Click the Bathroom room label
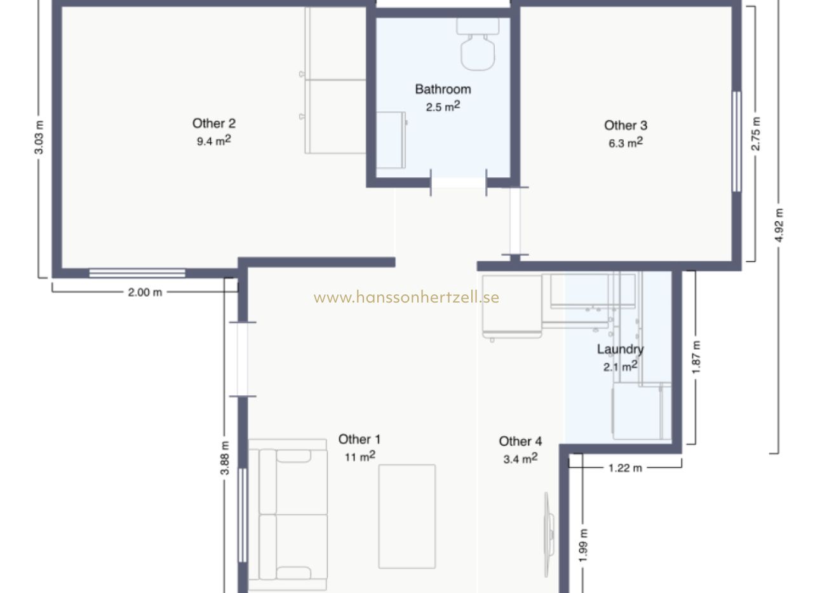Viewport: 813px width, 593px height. [443, 90]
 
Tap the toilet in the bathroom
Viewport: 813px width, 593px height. [478, 44]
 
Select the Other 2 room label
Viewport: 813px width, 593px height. [214, 123]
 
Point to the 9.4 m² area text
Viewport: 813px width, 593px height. [214, 140]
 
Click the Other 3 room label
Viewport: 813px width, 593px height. [626, 126]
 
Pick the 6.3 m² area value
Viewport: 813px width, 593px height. [626, 143]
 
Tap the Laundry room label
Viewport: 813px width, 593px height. [621, 350]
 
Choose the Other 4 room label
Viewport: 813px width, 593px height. [520, 441]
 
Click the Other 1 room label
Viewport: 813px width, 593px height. [359, 439]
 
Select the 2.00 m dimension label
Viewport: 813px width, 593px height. [145, 292]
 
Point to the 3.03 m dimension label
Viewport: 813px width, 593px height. [39, 137]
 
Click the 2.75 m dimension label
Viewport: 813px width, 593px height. [755, 133]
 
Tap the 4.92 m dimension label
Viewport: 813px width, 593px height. [779, 225]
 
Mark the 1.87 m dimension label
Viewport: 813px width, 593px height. [695, 357]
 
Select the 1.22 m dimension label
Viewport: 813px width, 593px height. [625, 468]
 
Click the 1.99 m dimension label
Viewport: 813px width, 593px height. [583, 545]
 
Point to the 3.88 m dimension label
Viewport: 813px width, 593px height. [225, 458]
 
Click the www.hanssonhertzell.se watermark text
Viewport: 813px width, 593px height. [406, 297]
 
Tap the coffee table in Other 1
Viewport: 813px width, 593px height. [407, 516]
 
